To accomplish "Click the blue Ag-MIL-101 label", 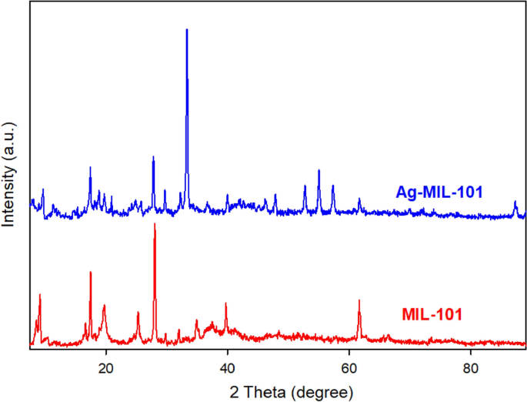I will point(439,192).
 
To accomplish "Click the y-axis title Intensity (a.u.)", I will point(10,173).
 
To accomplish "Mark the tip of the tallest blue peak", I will point(187,30).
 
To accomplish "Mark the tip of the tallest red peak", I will point(155,224).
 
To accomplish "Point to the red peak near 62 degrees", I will point(359,300).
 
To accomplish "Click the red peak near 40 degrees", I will point(225,303).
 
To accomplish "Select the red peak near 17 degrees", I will point(91,272).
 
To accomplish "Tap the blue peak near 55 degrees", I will point(319,170).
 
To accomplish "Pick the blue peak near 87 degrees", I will point(515,202).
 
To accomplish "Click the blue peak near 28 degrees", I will point(153,157).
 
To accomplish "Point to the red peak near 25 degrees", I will point(138,313).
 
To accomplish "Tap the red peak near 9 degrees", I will point(39,295).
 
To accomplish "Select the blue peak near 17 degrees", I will point(90,167).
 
